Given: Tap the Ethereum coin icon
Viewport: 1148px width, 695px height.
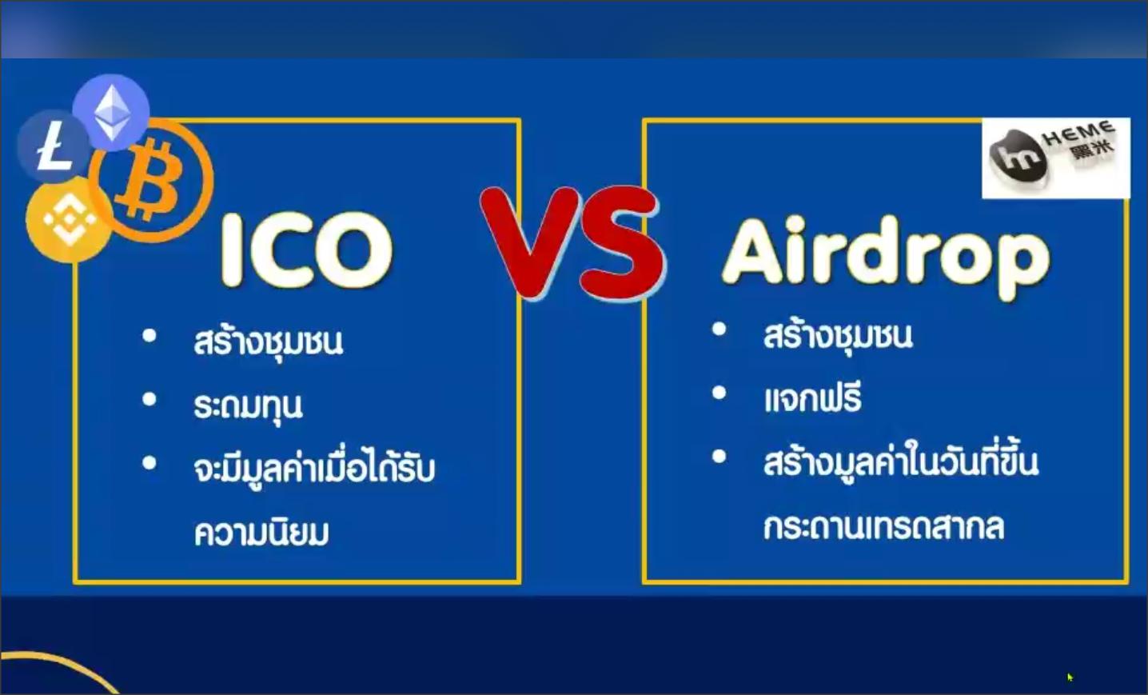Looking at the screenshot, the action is click(x=111, y=112).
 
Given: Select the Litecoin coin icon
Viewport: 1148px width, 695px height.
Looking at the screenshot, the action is click(x=54, y=146).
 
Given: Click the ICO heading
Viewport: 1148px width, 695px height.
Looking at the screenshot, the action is click(x=306, y=250).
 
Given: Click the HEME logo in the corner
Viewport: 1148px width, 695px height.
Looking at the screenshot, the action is click(x=1056, y=158).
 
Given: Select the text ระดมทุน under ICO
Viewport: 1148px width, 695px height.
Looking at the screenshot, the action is click(x=249, y=407).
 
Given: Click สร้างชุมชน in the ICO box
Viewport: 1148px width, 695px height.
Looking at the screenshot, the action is click(x=268, y=342).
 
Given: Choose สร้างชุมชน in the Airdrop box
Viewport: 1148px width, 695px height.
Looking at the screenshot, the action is click(x=838, y=336).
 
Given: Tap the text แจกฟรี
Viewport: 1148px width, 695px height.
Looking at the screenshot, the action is click(x=813, y=397).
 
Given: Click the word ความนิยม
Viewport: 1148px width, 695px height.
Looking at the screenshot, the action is click(x=261, y=532).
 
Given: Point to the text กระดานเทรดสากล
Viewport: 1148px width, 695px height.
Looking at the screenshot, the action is click(x=883, y=526).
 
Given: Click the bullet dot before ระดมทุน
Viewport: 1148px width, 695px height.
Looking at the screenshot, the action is click(x=149, y=400).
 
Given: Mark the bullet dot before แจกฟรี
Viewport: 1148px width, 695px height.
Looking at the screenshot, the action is click(x=719, y=393).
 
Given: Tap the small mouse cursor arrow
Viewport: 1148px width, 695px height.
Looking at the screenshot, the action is click(x=1070, y=677).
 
